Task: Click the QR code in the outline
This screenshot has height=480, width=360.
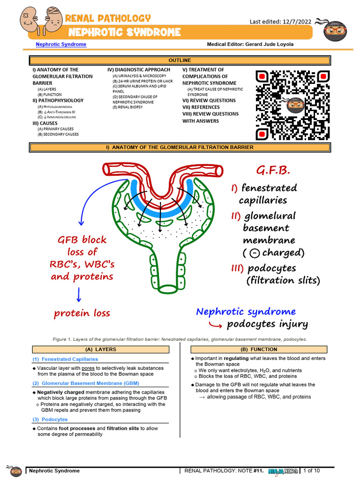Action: click(293, 105)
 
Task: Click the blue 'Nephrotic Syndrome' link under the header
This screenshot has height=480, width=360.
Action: click(61, 44)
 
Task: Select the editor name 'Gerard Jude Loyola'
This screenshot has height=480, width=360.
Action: click(268, 44)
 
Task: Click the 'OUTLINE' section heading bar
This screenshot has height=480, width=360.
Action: click(180, 60)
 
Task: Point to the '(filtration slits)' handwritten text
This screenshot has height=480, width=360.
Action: click(283, 280)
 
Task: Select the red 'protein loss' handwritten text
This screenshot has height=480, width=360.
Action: click(82, 313)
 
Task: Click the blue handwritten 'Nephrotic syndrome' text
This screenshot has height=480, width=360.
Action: click(246, 312)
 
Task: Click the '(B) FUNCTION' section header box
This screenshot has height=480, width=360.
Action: click(258, 349)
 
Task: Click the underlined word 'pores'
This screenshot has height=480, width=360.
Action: click(88, 368)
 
